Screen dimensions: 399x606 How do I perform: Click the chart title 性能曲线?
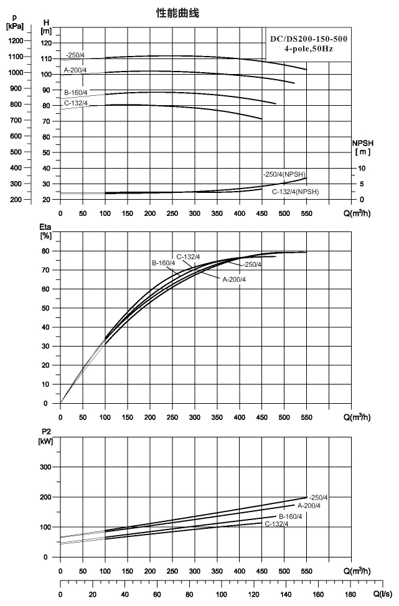[x=177, y=14]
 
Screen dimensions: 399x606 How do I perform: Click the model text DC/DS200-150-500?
[x=309, y=39]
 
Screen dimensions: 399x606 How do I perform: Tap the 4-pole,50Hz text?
[x=309, y=49]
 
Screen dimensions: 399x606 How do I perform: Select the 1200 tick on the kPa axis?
[x=16, y=40]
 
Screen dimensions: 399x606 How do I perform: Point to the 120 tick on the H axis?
[x=46, y=44]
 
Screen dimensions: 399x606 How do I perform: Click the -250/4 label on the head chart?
[x=75, y=55]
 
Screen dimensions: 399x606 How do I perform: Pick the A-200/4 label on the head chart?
[x=75, y=70]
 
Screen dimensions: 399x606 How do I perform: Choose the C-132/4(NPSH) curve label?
[x=296, y=192]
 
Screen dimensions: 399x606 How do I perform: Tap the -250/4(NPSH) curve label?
[x=284, y=174]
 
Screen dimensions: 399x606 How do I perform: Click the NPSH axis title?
[x=363, y=147]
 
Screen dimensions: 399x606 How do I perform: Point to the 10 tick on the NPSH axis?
[x=362, y=169]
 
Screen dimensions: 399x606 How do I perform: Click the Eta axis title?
[x=45, y=231]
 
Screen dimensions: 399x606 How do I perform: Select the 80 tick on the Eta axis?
[x=46, y=251]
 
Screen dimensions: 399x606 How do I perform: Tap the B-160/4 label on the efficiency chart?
[x=164, y=263]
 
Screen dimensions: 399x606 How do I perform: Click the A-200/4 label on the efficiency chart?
[x=234, y=279]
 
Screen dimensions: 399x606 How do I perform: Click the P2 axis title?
[x=45, y=437]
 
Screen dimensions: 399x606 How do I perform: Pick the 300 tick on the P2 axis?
[x=45, y=467]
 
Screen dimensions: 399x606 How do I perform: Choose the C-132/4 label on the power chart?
[x=276, y=524]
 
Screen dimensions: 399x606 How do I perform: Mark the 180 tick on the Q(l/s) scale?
[x=350, y=594]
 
